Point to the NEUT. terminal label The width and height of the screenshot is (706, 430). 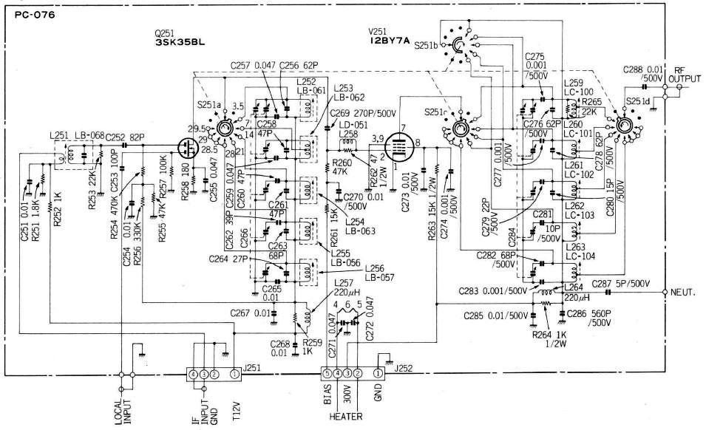tap(685, 293)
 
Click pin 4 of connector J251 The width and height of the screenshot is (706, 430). tap(193, 375)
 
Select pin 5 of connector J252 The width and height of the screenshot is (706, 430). tap(326, 375)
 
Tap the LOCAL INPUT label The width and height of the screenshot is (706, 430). tap(123, 411)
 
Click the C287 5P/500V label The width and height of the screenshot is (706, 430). tap(623, 283)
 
